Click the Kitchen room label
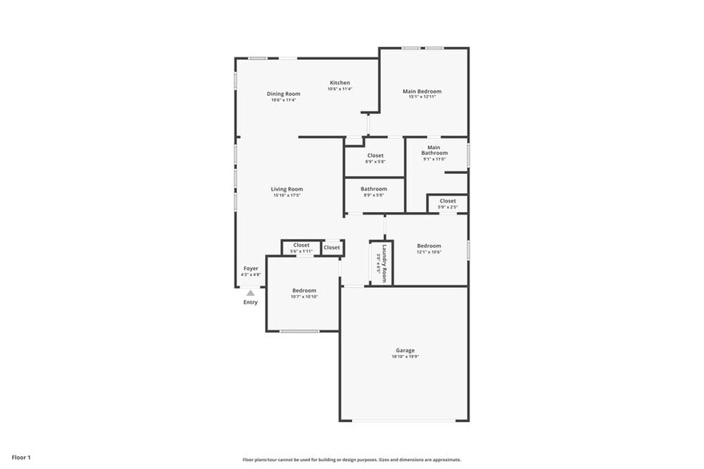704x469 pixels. click(340, 83)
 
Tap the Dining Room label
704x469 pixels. click(283, 94)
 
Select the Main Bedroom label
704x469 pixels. click(421, 92)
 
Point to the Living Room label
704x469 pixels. click(287, 189)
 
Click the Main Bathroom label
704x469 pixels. click(434, 150)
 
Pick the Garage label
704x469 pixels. click(405, 350)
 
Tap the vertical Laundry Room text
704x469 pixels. click(384, 263)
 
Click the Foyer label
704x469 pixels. click(251, 269)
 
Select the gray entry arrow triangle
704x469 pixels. click(251, 293)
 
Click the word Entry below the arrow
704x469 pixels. click(251, 302)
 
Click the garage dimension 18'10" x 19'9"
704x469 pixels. click(405, 357)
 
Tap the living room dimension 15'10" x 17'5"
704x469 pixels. click(287, 195)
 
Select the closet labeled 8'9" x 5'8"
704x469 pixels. click(374, 158)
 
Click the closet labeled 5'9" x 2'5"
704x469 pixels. click(447, 204)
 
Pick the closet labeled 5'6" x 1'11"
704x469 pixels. click(301, 248)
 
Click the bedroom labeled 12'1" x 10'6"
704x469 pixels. click(429, 249)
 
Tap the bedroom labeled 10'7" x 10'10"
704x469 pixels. click(304, 294)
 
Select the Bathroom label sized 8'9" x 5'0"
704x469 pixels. click(374, 191)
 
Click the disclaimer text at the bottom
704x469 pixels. click(351, 459)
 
